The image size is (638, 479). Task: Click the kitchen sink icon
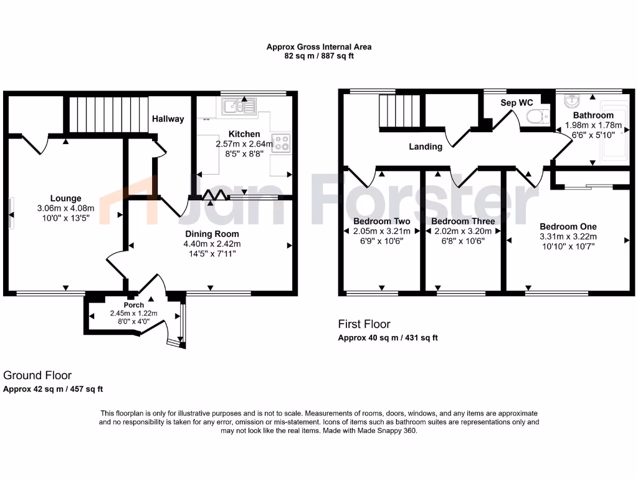pos(238,107)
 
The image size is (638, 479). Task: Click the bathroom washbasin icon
pos(572,102)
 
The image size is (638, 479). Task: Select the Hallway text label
pos(168,119)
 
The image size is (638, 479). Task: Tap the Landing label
pos(426,147)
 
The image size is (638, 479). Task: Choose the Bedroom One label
pos(568,226)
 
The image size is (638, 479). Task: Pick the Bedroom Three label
pos(463,221)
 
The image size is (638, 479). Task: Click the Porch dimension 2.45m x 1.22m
pos(134,313)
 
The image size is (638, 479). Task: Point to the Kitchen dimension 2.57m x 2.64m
pos(244,144)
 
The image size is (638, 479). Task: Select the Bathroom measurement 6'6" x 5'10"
pos(594,134)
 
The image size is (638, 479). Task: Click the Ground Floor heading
pos(37,375)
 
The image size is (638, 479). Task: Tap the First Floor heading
pos(364,324)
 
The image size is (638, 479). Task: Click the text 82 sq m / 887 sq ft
pos(319,56)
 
